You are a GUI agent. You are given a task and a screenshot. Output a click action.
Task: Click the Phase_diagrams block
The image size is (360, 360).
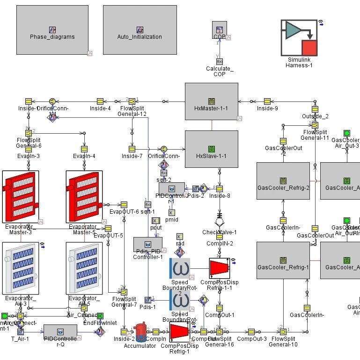[x=52, y=30]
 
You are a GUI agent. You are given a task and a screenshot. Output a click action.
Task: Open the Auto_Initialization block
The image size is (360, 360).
[x=140, y=30]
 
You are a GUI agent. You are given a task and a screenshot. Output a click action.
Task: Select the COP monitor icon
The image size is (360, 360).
[x=220, y=30]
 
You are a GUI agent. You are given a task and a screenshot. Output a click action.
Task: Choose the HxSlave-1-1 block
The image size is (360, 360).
[x=212, y=149]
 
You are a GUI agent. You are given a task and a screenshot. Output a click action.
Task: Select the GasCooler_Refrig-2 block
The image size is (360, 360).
[x=283, y=181]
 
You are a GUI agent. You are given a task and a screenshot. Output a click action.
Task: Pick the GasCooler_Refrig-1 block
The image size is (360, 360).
[x=283, y=260]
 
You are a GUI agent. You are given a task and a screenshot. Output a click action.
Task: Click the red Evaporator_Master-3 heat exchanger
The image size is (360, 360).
[x=21, y=197]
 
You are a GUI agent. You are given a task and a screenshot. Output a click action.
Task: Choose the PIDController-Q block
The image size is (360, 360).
[x=60, y=331]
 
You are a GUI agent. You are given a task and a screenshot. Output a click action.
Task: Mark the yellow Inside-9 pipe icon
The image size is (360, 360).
[x=267, y=101]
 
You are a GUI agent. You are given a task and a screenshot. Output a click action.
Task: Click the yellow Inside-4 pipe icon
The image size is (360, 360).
[x=100, y=101]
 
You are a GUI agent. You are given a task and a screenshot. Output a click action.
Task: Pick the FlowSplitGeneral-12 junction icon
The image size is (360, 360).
[x=132, y=101]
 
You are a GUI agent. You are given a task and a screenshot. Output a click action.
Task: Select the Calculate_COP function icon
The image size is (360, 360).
[x=220, y=61]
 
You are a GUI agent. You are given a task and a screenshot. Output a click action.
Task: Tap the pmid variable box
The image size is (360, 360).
[x=171, y=213]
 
